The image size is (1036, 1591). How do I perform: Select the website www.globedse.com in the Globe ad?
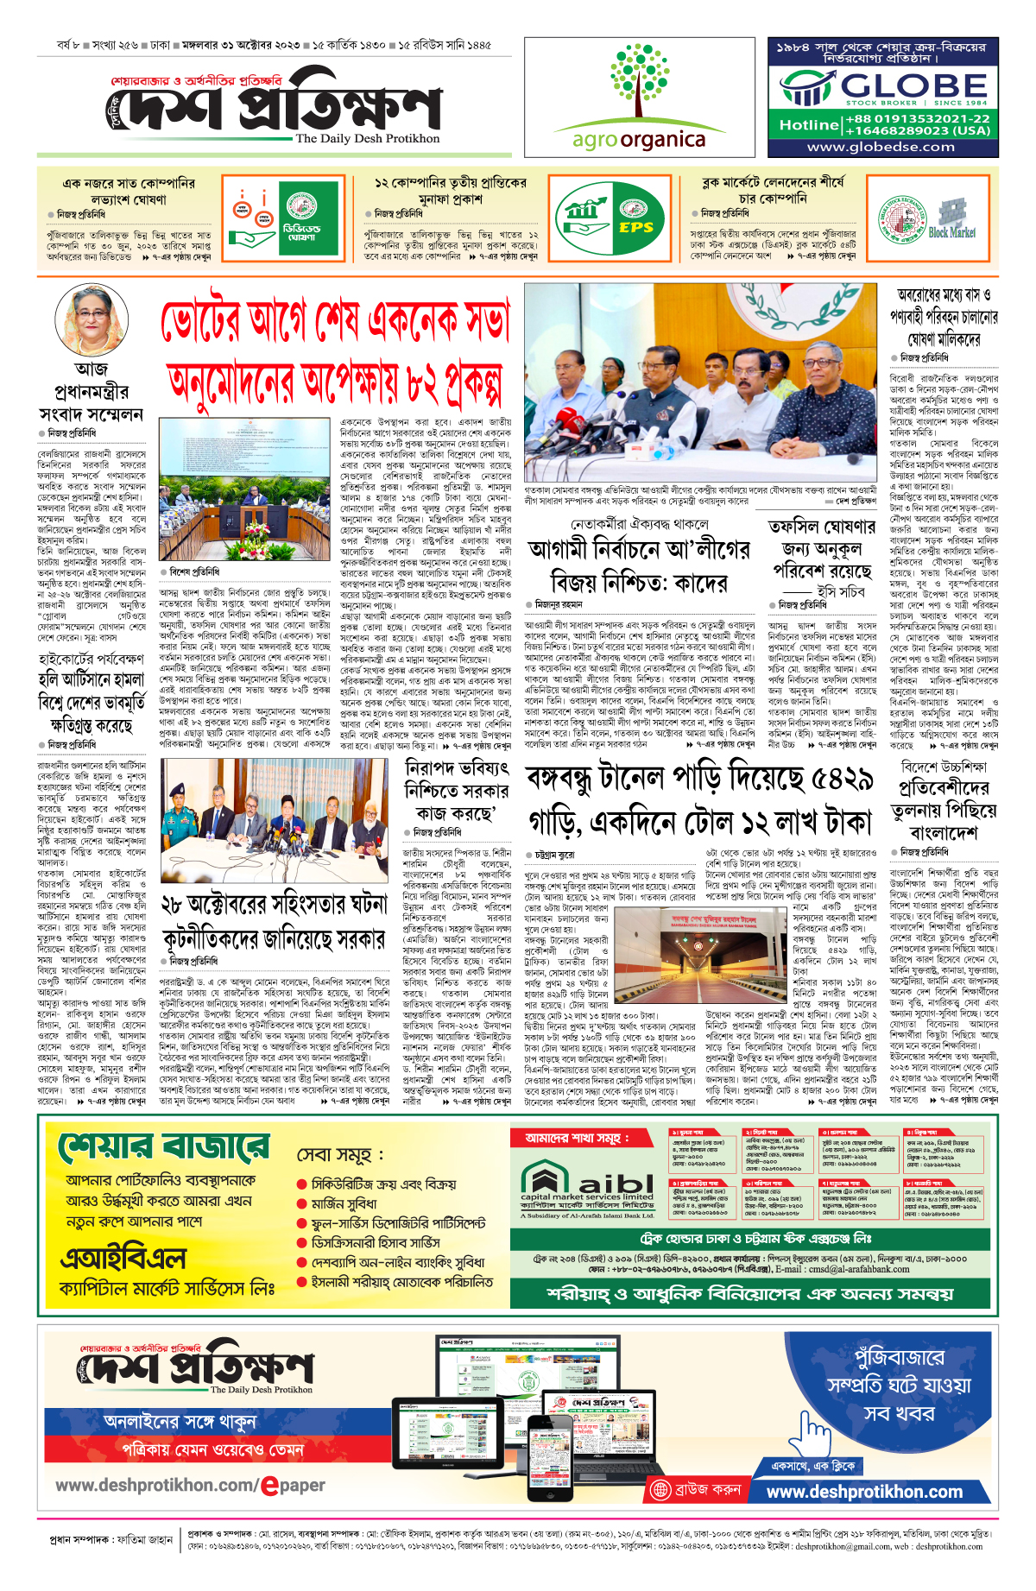(881, 147)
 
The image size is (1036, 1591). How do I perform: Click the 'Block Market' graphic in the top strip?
(952, 219)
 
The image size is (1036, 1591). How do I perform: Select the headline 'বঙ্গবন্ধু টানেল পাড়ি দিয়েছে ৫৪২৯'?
(699, 780)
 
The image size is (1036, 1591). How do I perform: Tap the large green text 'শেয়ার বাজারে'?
(164, 1147)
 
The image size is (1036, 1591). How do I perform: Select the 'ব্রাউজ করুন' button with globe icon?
(697, 1490)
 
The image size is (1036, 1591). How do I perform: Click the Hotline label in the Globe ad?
(808, 125)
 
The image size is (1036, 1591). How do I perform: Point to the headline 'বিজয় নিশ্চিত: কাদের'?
(639, 582)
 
